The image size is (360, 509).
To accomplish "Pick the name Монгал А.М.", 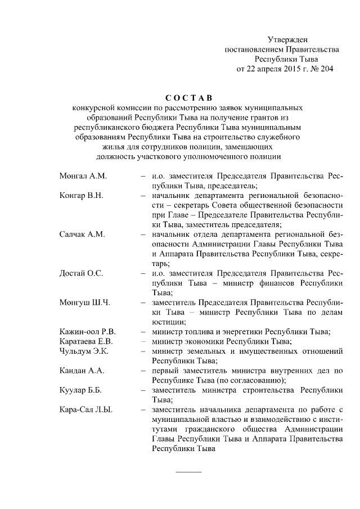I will pyautogui.click(x=83, y=175).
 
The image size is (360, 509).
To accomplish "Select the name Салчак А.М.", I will pyautogui.click(x=82, y=235).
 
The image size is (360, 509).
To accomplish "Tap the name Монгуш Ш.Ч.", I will pyautogui.click(x=84, y=303).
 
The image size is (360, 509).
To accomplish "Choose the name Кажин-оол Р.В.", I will pyautogui.click(x=87, y=332).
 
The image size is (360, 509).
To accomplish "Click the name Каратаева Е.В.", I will pyautogui.click(x=87, y=341).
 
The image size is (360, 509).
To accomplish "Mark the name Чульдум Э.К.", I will pyautogui.click(x=84, y=351).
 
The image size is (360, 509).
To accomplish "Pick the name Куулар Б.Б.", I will pyautogui.click(x=81, y=390).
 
